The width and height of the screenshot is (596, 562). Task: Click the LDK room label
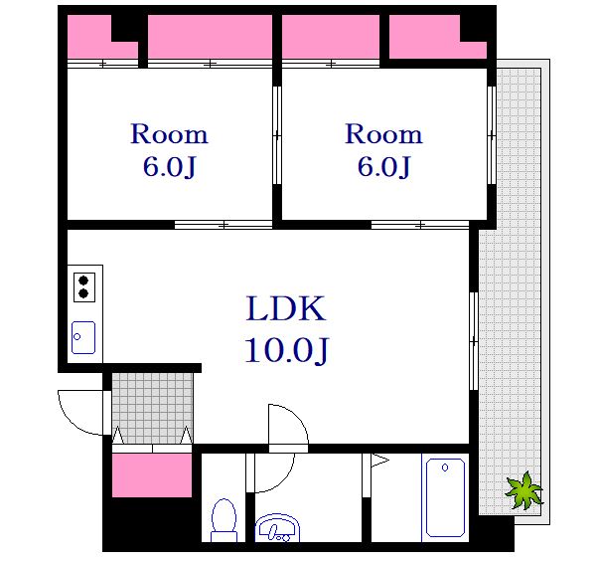[x=286, y=308]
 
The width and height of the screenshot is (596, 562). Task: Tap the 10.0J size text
[x=286, y=350]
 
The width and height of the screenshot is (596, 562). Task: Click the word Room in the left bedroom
[x=169, y=134]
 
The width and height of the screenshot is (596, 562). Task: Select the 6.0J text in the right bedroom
[x=383, y=166]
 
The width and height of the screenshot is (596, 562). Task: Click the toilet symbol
[x=223, y=520]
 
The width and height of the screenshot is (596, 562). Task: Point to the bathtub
[x=445, y=497]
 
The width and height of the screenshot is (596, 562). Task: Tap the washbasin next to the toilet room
[x=277, y=528]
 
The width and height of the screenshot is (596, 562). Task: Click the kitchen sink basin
[x=83, y=337]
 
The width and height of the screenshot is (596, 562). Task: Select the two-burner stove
[x=84, y=287]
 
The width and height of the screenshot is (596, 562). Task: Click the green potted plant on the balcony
[x=523, y=490]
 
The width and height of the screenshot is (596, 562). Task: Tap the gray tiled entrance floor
[x=152, y=408]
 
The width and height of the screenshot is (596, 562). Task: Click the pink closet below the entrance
[x=152, y=474]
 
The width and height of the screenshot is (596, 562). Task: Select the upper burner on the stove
[x=83, y=281]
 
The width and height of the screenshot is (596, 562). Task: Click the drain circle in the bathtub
[x=445, y=467]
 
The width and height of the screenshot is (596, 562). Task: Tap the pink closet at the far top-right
[x=438, y=37]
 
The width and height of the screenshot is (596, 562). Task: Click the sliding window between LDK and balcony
[x=474, y=341]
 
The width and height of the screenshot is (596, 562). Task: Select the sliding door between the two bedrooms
[x=277, y=135]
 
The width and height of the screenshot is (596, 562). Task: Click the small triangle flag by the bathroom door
[x=379, y=460]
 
